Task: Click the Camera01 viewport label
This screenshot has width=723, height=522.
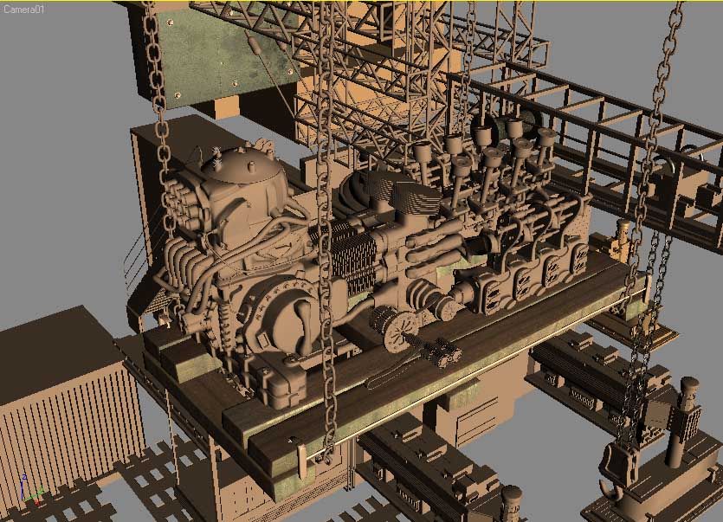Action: [x=23, y=9]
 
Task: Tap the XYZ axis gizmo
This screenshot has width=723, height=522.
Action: [x=31, y=492]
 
